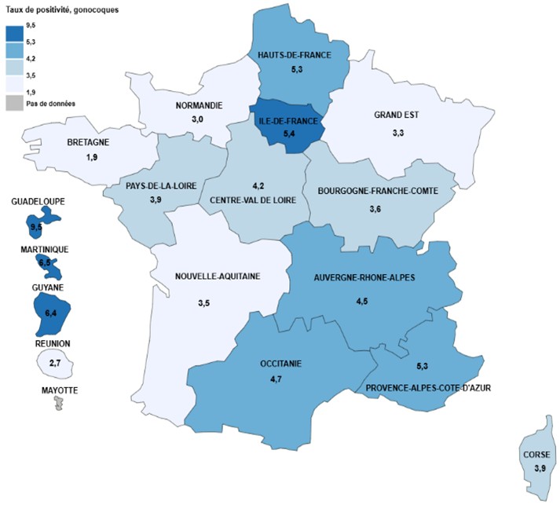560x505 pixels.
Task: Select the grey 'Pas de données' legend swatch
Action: (x=14, y=103)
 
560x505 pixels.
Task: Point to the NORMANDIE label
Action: (x=198, y=105)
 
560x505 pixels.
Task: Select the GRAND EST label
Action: (x=397, y=115)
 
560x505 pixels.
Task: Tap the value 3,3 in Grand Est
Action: (x=397, y=134)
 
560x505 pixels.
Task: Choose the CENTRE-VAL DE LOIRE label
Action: (x=257, y=200)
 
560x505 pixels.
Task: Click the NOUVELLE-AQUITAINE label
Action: (x=218, y=276)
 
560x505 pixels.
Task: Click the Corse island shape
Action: (x=539, y=463)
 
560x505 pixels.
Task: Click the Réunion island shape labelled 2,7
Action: (x=52, y=364)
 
